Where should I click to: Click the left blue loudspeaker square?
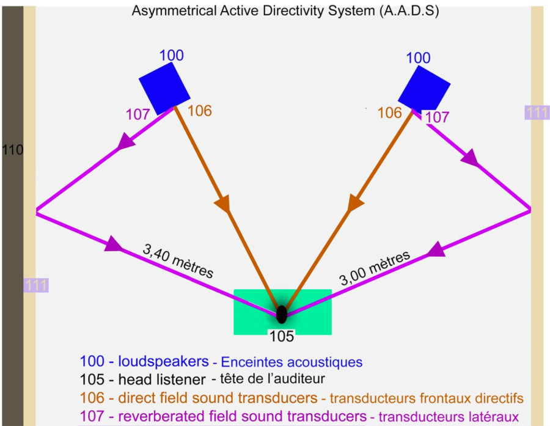tap(164, 89)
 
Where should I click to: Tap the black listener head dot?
tap(282, 314)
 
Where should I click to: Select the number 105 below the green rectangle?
tap(282, 336)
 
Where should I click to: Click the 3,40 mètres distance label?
tap(178, 262)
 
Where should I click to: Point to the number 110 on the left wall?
tap(13, 149)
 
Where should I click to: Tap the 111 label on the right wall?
tap(537, 112)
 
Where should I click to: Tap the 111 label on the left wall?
tap(36, 285)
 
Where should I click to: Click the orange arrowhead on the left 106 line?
tap(224, 204)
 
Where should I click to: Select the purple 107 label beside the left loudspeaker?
tap(137, 114)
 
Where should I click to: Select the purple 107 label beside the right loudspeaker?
tap(436, 117)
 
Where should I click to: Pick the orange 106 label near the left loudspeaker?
tap(199, 111)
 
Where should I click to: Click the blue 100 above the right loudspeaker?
tap(418, 59)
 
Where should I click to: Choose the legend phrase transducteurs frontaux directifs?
tap(427, 398)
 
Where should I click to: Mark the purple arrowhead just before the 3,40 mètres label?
tap(114, 244)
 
